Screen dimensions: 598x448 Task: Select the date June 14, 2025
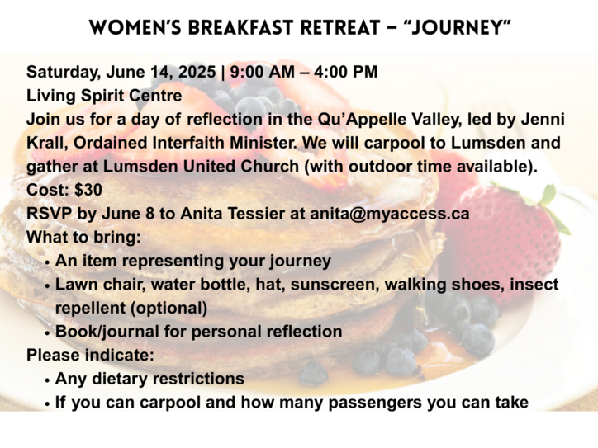pyautogui.click(x=161, y=72)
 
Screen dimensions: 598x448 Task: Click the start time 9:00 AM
pyautogui.click(x=263, y=72)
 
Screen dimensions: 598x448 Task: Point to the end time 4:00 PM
pyautogui.click(x=346, y=72)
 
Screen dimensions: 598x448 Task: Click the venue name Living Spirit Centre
pyautogui.click(x=104, y=96)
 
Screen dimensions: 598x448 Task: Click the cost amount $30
pyautogui.click(x=88, y=190)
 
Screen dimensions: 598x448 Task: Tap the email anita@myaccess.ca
pyautogui.click(x=389, y=214)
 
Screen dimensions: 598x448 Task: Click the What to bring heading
pyautogui.click(x=83, y=238)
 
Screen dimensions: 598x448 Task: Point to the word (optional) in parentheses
pyautogui.click(x=169, y=309)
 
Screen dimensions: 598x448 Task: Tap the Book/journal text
pyautogui.click(x=107, y=332)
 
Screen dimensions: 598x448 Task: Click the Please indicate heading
pyautogui.click(x=90, y=356)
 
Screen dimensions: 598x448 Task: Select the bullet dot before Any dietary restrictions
pyautogui.click(x=47, y=380)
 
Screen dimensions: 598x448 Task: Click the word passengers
pyautogui.click(x=375, y=403)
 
